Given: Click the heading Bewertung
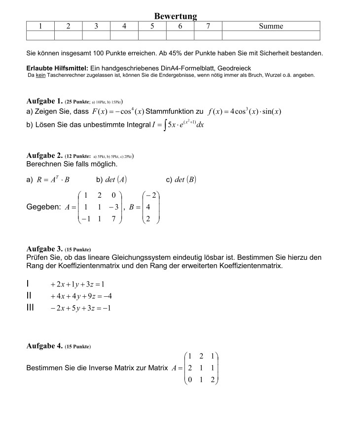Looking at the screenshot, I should tap(176, 16).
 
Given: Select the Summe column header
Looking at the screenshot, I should tap(271, 26).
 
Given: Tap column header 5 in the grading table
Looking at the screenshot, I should tap(152, 26).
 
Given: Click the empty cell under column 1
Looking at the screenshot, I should tap(40, 35).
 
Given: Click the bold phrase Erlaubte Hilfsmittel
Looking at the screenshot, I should tap(57, 68).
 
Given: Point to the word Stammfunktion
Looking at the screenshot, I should tap(171, 111).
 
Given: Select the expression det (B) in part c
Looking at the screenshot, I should tap(185, 179).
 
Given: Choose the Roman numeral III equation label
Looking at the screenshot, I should tap(30, 308).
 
